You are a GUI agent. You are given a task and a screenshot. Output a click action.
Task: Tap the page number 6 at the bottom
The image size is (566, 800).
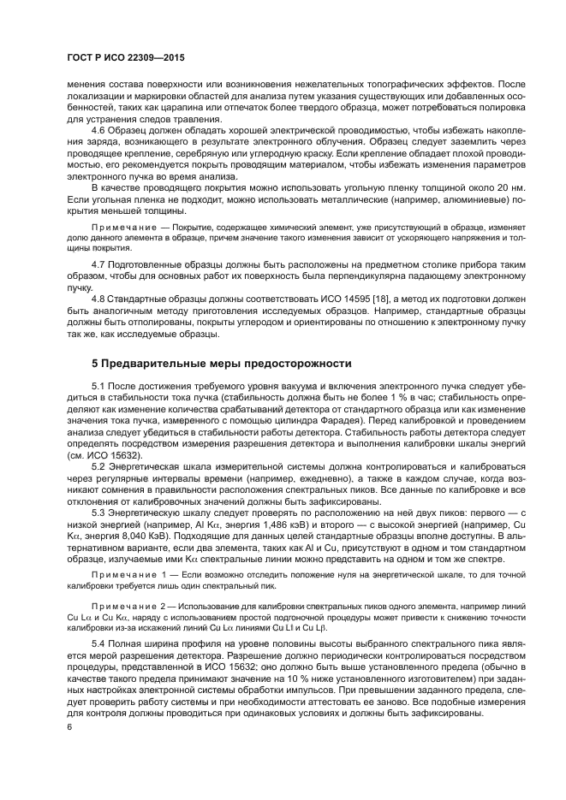coord(69,727)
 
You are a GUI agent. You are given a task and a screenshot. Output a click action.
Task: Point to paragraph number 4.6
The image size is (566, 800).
coord(100,131)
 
